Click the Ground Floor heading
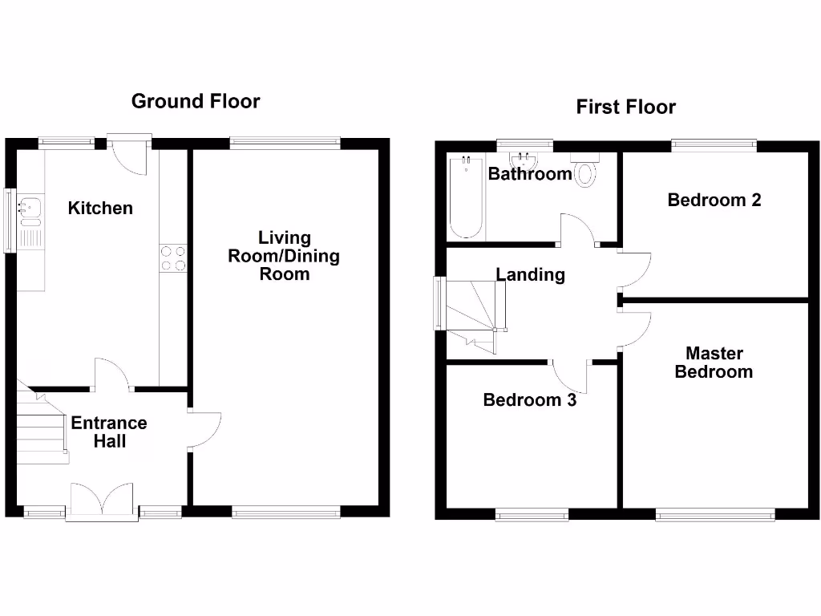click(x=196, y=101)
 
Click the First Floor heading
click(x=625, y=107)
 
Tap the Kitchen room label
click(x=100, y=209)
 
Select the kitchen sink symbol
click(x=31, y=209)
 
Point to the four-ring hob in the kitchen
click(x=174, y=258)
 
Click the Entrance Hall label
click(x=109, y=432)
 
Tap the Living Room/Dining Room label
click(x=284, y=256)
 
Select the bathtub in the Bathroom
click(x=466, y=197)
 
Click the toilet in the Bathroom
click(x=584, y=169)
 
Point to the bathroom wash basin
click(x=524, y=159)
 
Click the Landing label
click(x=530, y=275)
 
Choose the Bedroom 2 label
click(x=714, y=200)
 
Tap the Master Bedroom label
click(x=713, y=363)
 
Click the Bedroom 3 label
click(x=529, y=399)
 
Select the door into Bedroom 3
click(x=570, y=377)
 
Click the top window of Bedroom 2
click(x=714, y=145)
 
